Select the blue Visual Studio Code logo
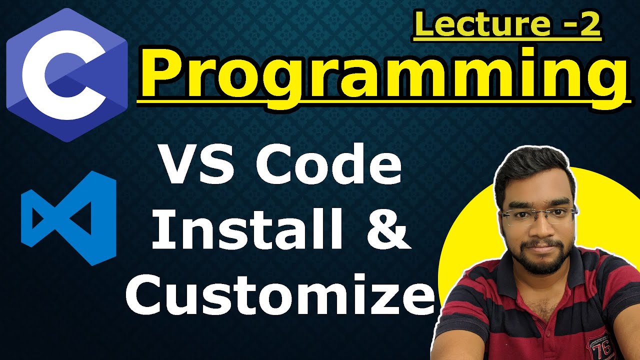(x=69, y=218)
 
